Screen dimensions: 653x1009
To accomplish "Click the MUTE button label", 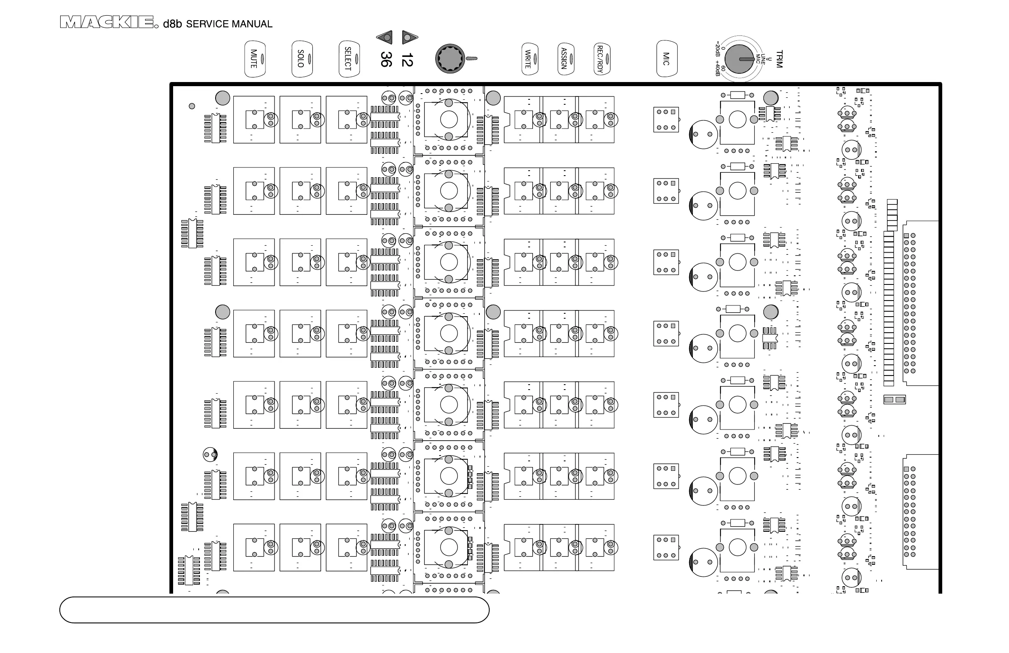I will coord(253,59).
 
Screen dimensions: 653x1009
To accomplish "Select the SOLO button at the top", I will coord(301,59).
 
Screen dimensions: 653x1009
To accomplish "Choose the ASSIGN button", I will coord(565,59).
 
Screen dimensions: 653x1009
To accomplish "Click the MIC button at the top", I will coord(666,59).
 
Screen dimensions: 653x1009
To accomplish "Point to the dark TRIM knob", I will coord(739,59).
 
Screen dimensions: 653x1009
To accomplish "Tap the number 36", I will coord(386,59).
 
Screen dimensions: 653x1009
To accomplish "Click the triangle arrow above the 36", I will coord(385,38).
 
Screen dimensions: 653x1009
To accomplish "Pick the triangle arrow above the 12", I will coord(409,38).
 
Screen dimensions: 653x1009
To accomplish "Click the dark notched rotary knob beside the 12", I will coord(450,59).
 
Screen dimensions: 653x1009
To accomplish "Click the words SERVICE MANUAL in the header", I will coord(229,24).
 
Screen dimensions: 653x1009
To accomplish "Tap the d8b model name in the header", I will coord(172,24).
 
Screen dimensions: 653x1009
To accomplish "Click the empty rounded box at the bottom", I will coord(274,610).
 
